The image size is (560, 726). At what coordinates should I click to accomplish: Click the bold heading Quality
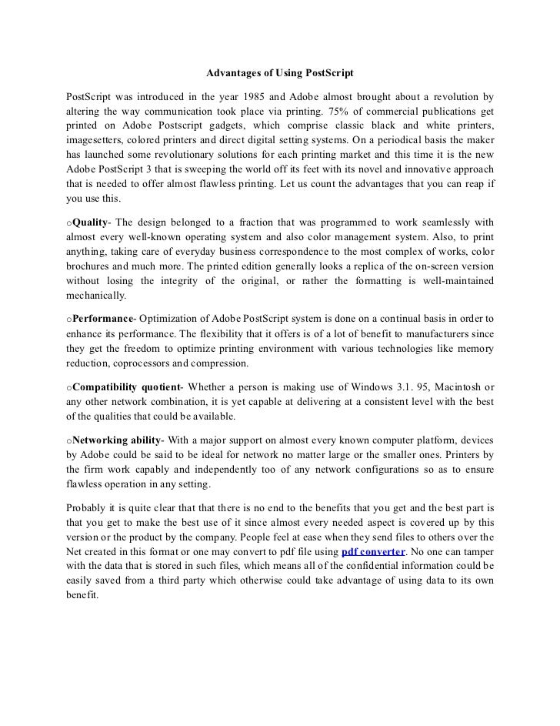click(x=89, y=222)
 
